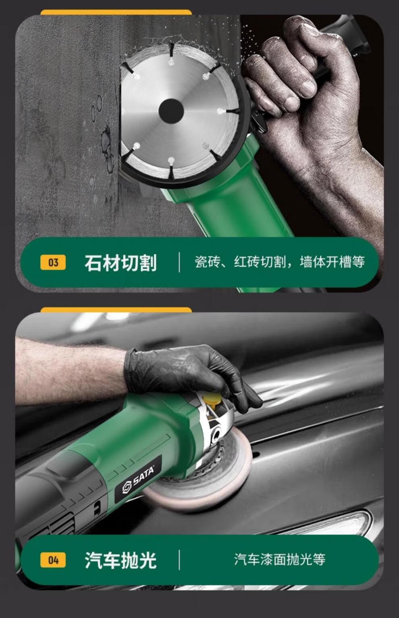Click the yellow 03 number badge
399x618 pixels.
(53, 262)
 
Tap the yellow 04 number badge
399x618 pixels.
(53, 560)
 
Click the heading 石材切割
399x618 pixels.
(121, 263)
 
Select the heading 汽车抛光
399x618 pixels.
(121, 560)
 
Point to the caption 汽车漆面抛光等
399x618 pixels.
(280, 559)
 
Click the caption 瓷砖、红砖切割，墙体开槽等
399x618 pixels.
(280, 262)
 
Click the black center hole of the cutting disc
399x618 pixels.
(171, 111)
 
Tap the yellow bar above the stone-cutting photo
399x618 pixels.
(116, 12)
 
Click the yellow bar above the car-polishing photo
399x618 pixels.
(116, 310)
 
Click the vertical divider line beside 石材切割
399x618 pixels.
(179, 262)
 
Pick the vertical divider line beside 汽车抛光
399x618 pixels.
(179, 560)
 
